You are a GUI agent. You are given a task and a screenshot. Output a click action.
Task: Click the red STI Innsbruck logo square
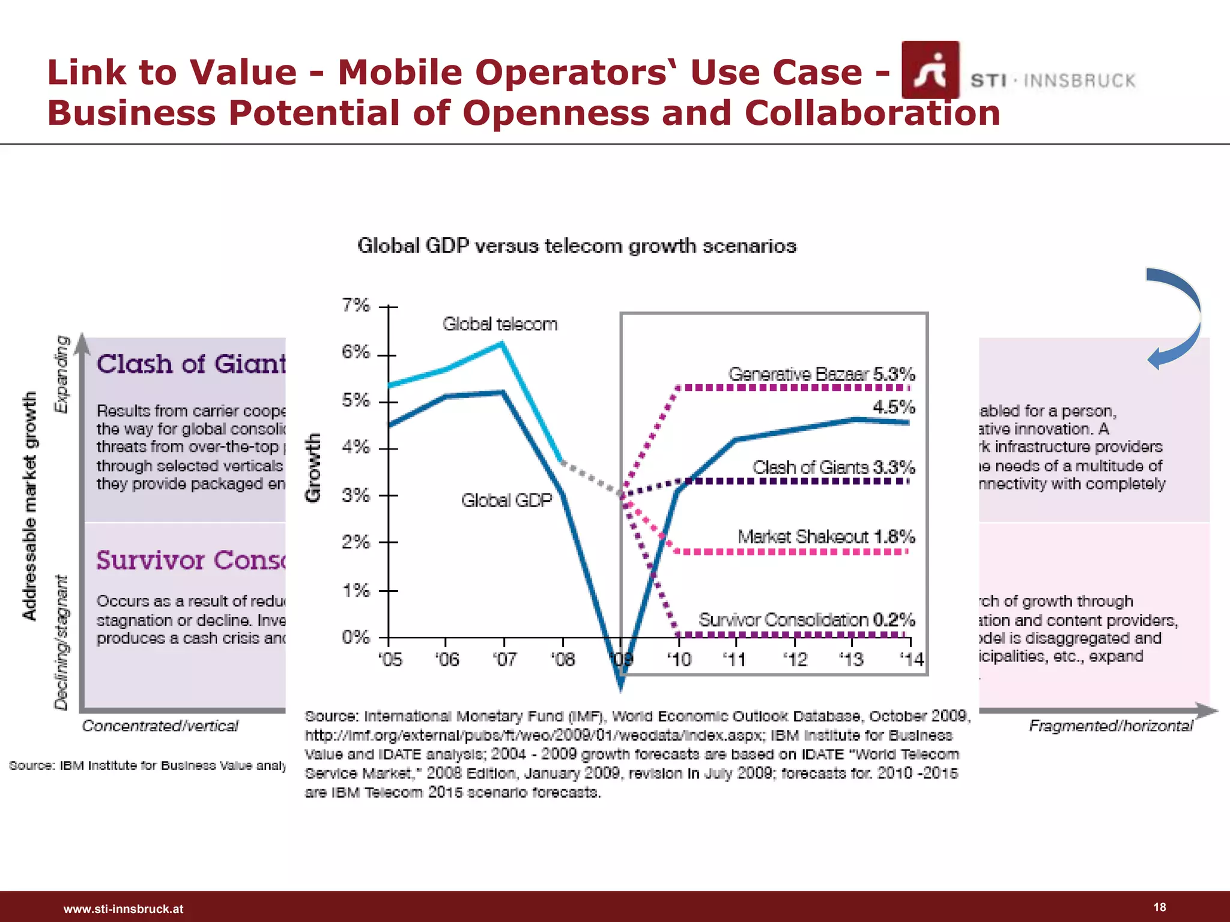(930, 70)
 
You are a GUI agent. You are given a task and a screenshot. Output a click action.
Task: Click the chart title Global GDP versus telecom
(577, 246)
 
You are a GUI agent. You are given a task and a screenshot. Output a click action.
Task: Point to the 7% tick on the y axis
(356, 306)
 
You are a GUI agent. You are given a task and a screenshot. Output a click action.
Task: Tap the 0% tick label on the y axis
(356, 637)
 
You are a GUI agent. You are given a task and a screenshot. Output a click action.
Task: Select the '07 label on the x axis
(504, 660)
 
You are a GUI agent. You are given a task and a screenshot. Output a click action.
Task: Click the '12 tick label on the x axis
(795, 660)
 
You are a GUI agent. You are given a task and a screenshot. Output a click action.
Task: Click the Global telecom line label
(500, 324)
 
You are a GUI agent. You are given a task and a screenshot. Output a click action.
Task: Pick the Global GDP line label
(506, 500)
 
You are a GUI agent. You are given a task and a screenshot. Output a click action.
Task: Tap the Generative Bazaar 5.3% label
(821, 374)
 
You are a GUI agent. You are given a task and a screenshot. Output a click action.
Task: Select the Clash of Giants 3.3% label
(834, 467)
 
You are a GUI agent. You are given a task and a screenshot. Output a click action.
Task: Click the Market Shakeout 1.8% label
(826, 536)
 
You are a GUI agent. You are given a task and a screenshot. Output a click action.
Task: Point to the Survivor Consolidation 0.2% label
(807, 619)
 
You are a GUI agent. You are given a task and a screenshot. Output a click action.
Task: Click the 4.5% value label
(894, 407)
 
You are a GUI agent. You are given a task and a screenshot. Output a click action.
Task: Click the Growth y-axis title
(313, 468)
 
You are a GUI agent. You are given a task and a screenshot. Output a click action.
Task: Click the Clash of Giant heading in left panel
(191, 364)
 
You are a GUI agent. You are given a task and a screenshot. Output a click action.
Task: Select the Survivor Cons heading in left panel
(191, 560)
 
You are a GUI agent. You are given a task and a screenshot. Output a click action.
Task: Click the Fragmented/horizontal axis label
(1110, 726)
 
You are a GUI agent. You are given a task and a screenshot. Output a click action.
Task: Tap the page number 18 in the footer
(1159, 907)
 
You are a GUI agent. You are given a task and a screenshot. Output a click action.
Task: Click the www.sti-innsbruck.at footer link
(123, 909)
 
